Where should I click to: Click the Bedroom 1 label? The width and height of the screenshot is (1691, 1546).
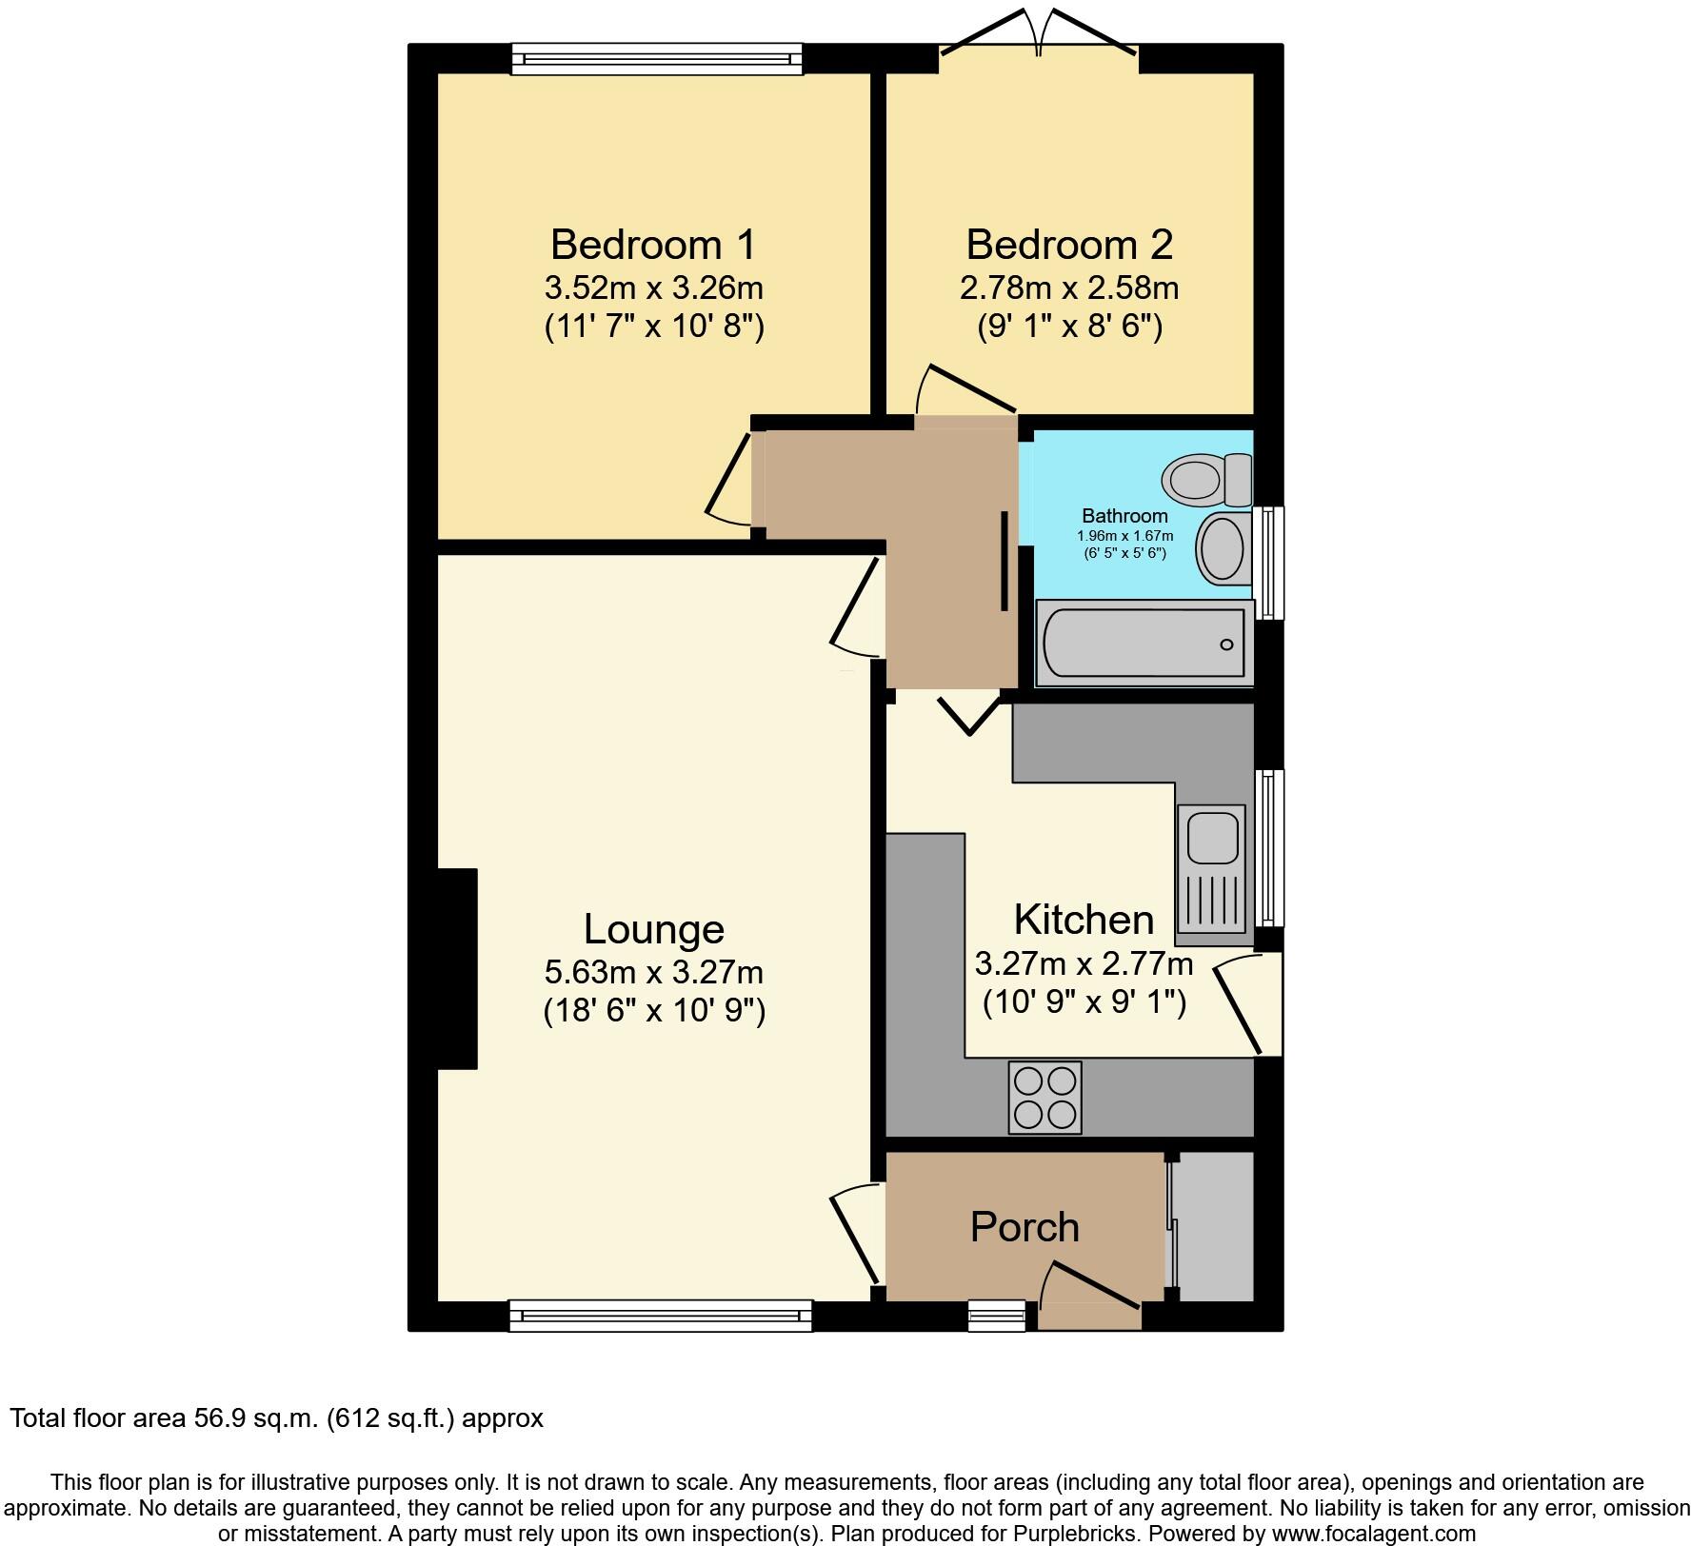pos(653,245)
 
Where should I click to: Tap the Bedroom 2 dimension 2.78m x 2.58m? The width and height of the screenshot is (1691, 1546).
pos(1069,287)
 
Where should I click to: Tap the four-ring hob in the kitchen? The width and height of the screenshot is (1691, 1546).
pos(1044,1097)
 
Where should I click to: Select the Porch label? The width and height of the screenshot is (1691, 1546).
pos(1025,1227)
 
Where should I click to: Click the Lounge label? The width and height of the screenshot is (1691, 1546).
pos(653,929)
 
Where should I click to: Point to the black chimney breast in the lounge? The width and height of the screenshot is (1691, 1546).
pos(457,968)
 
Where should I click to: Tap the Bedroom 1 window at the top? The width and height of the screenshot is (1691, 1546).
pos(656,59)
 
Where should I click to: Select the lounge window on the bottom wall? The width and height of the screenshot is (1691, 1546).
pos(660,1316)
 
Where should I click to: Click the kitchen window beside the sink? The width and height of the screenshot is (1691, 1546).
pos(1268,847)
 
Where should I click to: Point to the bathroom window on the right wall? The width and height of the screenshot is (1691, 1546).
pos(1268,563)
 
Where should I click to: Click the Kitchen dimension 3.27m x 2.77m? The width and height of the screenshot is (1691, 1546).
pos(1084,964)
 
